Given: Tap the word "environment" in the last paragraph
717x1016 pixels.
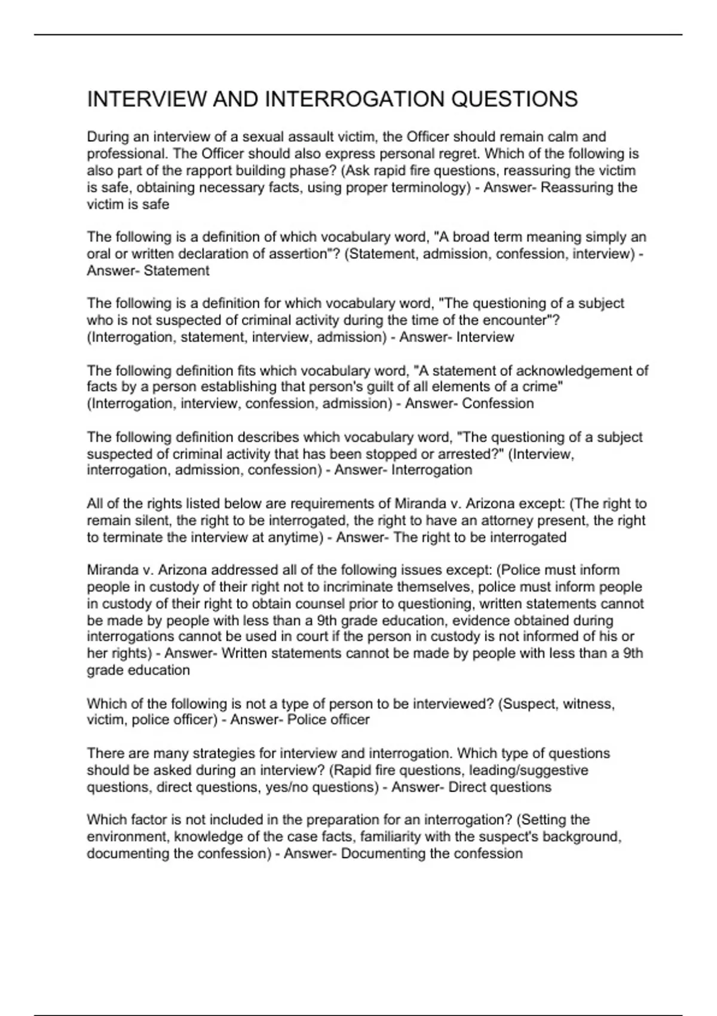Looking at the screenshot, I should click(123, 837).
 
